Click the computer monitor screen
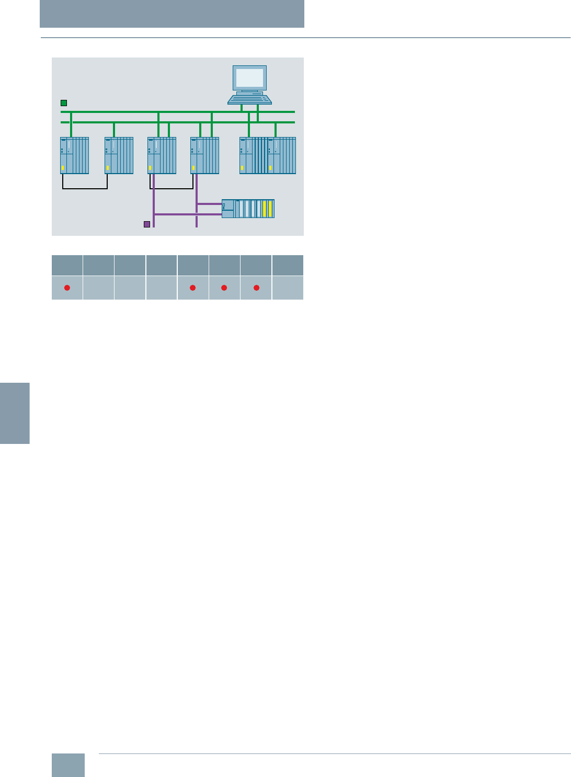click(x=250, y=77)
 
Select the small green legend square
click(x=64, y=103)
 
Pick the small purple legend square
click(x=147, y=224)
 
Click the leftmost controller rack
click(x=74, y=155)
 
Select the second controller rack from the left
click(x=119, y=155)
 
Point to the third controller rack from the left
click(x=162, y=155)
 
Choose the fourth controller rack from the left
click(x=204, y=155)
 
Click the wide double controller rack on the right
click(x=268, y=155)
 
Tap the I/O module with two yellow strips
click(x=248, y=209)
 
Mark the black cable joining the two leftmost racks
click(x=85, y=188)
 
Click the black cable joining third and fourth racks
click(x=173, y=188)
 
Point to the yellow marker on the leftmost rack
click(x=63, y=168)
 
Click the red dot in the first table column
click(x=67, y=288)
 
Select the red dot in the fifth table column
click(x=192, y=288)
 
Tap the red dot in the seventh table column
click(x=256, y=288)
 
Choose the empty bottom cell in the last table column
click(x=288, y=288)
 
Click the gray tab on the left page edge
click(x=15, y=413)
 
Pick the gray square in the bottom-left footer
click(x=68, y=765)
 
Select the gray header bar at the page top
click(x=172, y=14)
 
